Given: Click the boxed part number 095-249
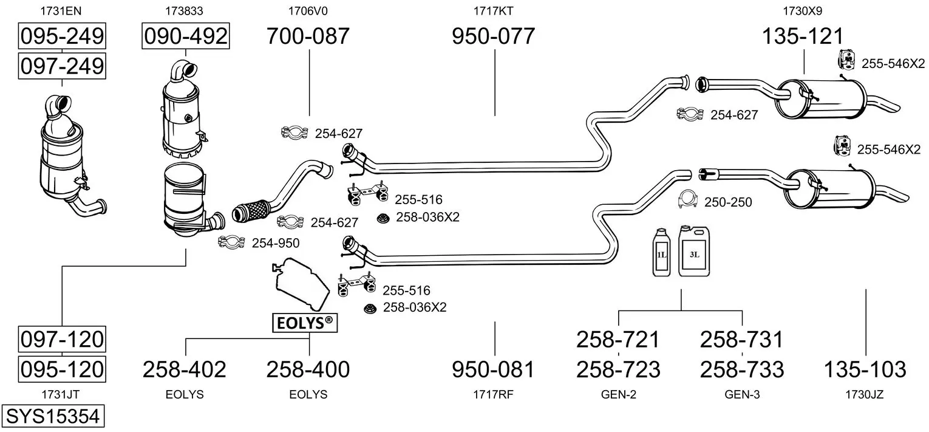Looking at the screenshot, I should point(62,36).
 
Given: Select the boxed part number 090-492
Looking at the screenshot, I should point(185,36).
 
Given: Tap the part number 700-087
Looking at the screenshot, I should point(308,36).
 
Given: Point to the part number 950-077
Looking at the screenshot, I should point(493,36).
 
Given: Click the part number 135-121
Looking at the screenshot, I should point(803,36).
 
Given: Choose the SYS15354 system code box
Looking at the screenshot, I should point(52,416).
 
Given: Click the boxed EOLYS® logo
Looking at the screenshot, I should point(305,323).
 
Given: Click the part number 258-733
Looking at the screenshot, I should point(742,369).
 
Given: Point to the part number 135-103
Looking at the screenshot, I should point(865,369).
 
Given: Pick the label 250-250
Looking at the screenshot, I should point(728,202).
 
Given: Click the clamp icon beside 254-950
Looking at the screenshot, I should point(231,243).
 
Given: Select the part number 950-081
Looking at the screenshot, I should point(493,369).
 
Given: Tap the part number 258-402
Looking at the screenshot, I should point(185,369).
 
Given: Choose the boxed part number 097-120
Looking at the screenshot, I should point(62,338).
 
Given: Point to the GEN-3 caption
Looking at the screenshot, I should point(742,394).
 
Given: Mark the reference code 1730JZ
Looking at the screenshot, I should point(865,394).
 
